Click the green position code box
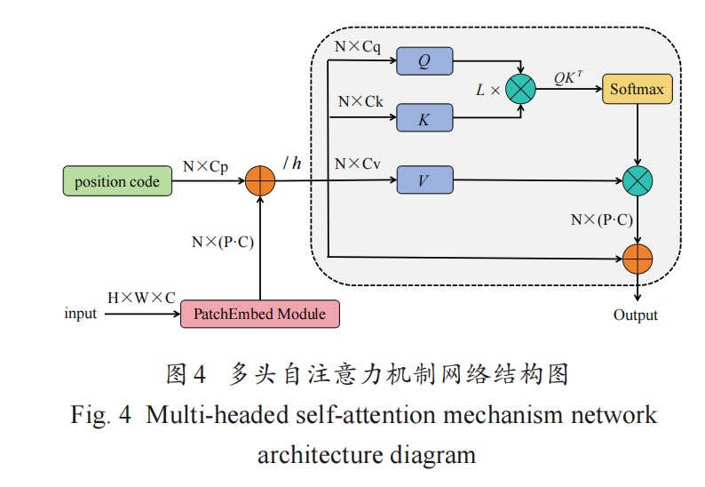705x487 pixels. (116, 182)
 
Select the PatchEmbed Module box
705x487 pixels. (259, 314)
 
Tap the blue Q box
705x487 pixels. (424, 61)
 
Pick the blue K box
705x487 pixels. (424, 118)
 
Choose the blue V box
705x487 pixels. (424, 180)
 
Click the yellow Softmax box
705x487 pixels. (638, 90)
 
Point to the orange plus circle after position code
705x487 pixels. (260, 181)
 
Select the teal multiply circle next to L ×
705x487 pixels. (520, 90)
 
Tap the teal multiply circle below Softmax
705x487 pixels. (638, 181)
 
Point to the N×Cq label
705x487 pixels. (358, 46)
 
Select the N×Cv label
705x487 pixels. (359, 164)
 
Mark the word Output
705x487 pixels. (636, 315)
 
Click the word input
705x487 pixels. (81, 314)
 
